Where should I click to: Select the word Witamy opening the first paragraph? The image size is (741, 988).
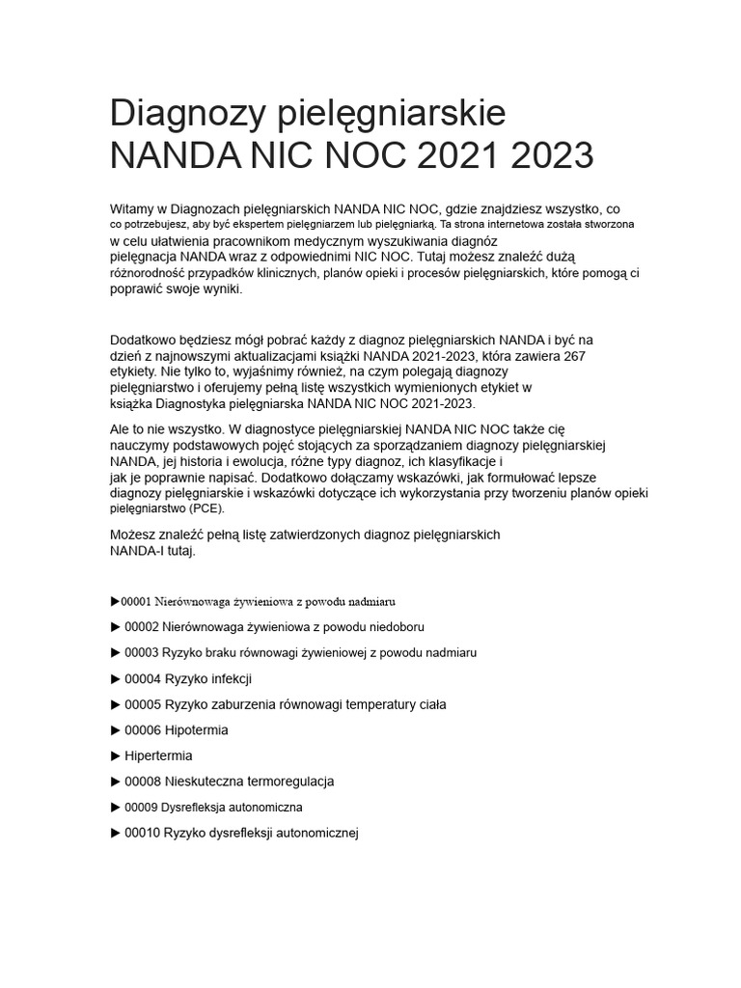[134, 208]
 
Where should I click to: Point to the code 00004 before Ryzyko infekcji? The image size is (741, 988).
[143, 678]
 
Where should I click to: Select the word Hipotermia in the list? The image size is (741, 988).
[196, 730]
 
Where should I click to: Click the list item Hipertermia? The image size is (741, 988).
[158, 755]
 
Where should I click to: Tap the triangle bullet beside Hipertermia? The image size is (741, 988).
[116, 755]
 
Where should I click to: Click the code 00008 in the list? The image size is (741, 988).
[143, 782]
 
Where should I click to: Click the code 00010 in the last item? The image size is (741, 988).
[143, 833]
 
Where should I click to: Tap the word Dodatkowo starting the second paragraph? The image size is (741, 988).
[144, 340]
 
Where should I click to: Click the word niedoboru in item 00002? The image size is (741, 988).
[395, 627]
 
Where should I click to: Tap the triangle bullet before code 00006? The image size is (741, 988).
[116, 730]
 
